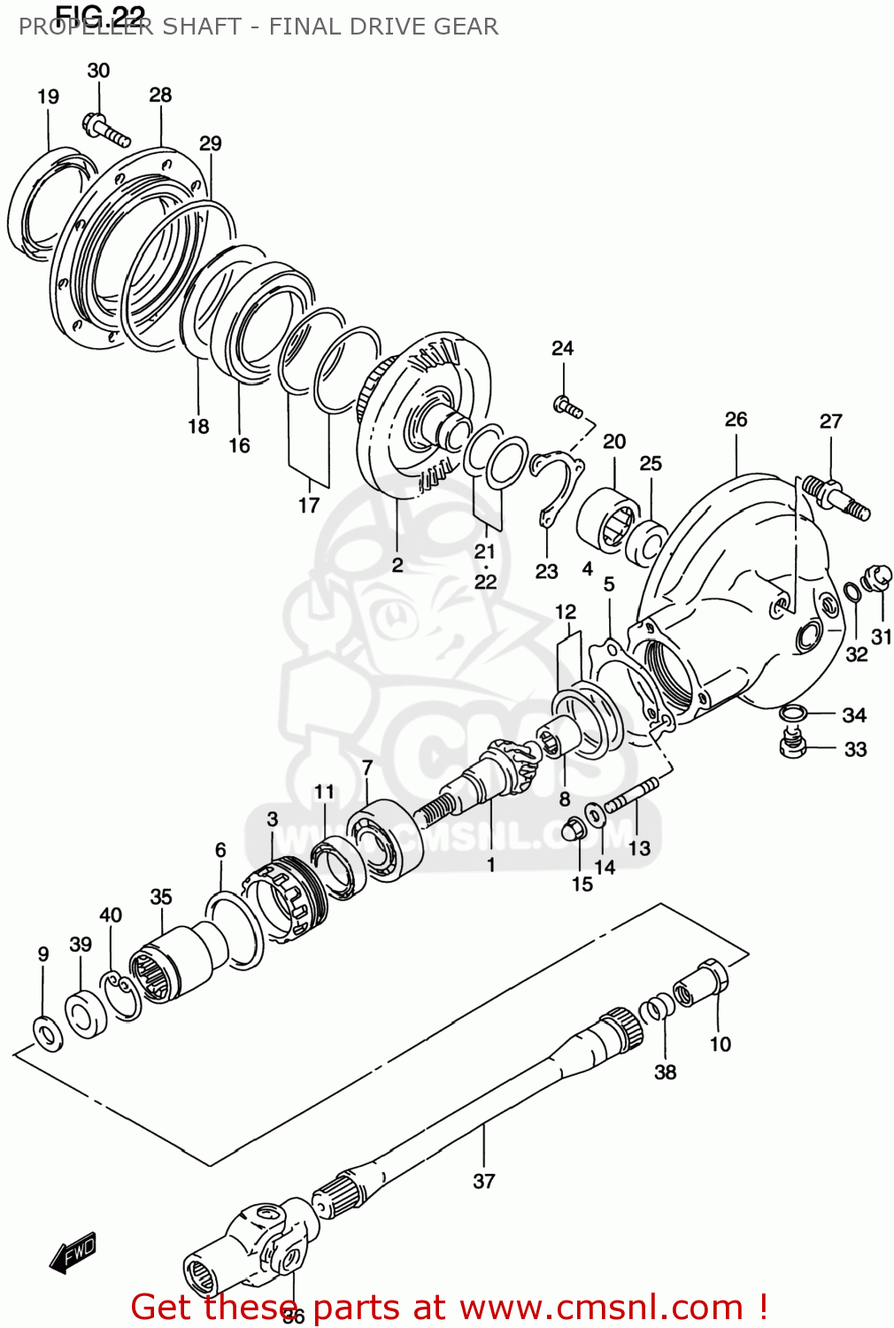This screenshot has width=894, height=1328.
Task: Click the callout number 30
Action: coord(98,71)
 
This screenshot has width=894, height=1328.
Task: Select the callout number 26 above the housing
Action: coord(736,420)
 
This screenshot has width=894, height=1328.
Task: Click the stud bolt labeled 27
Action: coord(837,497)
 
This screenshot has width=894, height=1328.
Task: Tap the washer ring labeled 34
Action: coord(793,713)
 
